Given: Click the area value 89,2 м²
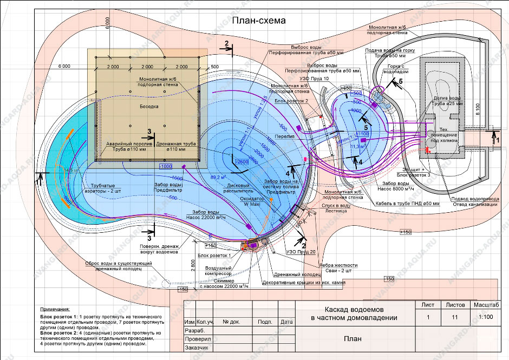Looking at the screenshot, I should pyautogui.click(x=218, y=176).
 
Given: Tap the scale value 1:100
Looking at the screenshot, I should pyautogui.click(x=485, y=317).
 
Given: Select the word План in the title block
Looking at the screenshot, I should pyautogui.click(x=353, y=339).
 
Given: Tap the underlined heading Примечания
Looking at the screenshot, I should pyautogui.click(x=56, y=307).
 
